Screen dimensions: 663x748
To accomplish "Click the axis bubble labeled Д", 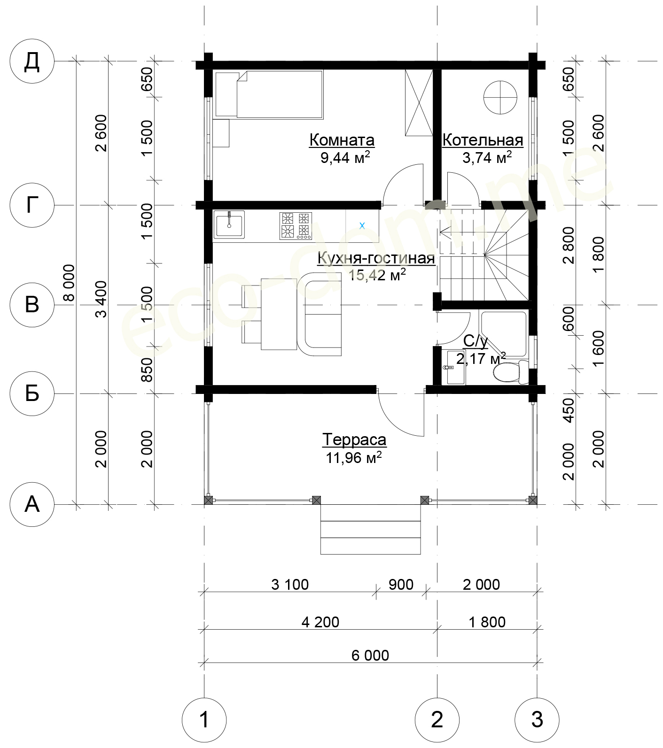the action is pos(32,61).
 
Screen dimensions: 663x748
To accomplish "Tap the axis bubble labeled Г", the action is pos(32,205).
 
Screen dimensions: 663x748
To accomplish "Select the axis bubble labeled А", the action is pos(32,505).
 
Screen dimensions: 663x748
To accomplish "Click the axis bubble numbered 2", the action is pos(437,720).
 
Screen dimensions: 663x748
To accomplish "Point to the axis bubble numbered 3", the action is pos(537,720).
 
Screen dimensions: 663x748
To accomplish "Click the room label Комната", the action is pos(342,140).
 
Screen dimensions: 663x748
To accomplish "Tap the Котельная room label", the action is pos(483,140).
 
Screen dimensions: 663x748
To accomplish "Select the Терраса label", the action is pos(354,440).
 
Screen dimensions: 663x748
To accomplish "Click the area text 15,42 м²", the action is pos(377,275).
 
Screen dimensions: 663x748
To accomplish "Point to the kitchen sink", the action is pos(229,225).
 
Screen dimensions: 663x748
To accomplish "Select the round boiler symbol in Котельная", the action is pos(500,97).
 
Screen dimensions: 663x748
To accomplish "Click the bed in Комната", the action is pos(269,94).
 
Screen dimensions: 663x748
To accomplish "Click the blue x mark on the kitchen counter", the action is pos(362,226).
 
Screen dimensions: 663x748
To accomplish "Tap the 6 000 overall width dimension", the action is pos(370,655).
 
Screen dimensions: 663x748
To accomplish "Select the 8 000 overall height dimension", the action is pos(69,283).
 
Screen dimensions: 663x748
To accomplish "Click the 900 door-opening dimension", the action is pos(401,585).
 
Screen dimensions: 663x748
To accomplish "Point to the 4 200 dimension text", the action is pos(320,622).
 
